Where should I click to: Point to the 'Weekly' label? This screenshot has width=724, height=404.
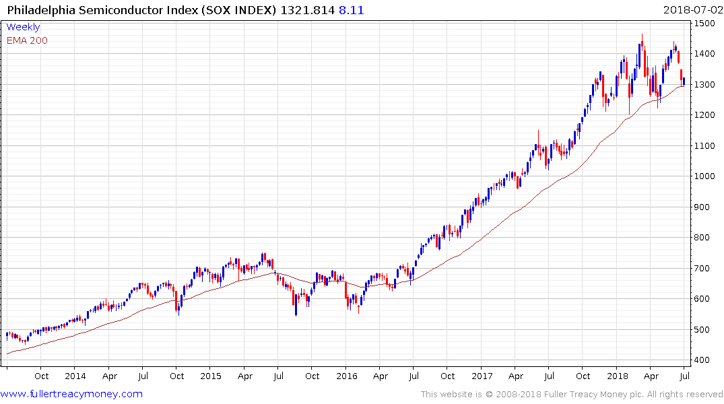(23, 28)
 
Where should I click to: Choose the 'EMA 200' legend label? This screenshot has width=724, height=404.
(27, 40)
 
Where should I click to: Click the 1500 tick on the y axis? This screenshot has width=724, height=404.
(706, 24)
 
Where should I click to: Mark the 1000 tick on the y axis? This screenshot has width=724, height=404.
(706, 176)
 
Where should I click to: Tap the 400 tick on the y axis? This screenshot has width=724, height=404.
(704, 360)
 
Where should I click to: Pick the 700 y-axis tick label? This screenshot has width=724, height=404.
(704, 269)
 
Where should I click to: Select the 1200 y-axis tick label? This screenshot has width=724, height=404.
(706, 115)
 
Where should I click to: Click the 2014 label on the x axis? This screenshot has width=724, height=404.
(75, 376)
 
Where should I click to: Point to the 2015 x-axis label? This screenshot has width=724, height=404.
(211, 376)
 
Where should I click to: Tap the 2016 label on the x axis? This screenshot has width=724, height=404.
(346, 376)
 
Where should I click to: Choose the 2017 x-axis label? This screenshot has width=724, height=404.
(482, 376)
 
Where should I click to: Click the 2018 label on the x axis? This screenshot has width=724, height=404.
(618, 376)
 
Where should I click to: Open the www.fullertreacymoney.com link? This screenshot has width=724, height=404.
(71, 394)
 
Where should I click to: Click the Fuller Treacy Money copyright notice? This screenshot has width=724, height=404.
(572, 395)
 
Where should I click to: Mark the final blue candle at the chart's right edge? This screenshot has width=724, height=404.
(684, 81)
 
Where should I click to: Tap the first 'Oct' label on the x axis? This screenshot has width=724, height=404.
(41, 376)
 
